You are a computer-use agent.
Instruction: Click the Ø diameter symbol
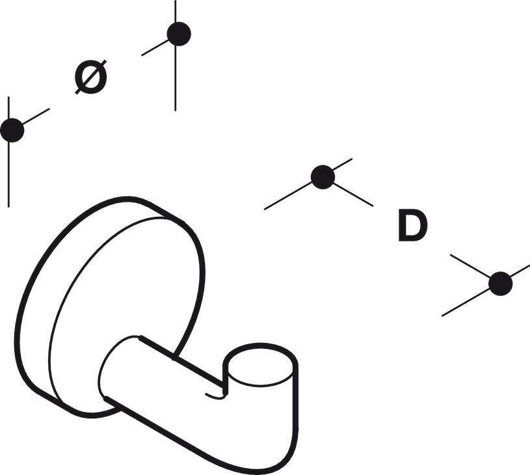pyautogui.click(x=90, y=77)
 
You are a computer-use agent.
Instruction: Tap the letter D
pyautogui.click(x=413, y=225)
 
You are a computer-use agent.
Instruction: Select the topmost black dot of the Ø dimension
pyautogui.click(x=179, y=34)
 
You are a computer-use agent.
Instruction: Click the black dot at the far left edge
pyautogui.click(x=12, y=130)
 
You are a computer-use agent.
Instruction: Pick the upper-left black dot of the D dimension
pyautogui.click(x=323, y=177)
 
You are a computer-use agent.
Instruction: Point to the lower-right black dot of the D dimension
pyautogui.click(x=501, y=284)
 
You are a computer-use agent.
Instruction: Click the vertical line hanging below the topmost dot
pyautogui.click(x=176, y=79)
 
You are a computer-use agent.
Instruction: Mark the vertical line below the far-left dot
pyautogui.click(x=9, y=174)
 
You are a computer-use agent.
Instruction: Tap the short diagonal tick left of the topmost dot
pyautogui.click(x=155, y=47)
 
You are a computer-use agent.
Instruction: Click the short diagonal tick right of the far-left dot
pyautogui.click(x=36, y=116)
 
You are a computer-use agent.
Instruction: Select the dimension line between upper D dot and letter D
pyautogui.click(x=354, y=195)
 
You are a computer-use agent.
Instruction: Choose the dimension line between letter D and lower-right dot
pyautogui.click(x=470, y=266)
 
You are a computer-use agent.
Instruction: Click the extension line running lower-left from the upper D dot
pyautogui.click(x=288, y=197)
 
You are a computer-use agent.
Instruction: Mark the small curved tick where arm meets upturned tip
pyautogui.click(x=216, y=396)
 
